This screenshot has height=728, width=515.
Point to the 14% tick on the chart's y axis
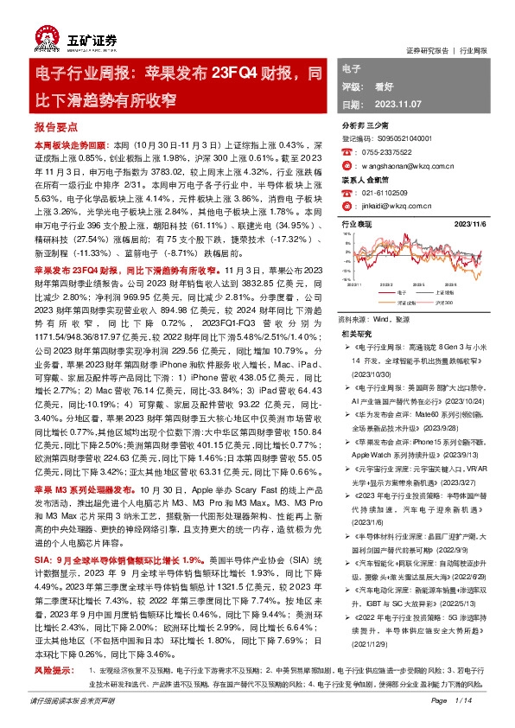347,233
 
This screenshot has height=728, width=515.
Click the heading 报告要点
53,125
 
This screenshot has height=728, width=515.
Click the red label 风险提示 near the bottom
52,669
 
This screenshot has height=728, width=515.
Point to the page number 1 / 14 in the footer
463,699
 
